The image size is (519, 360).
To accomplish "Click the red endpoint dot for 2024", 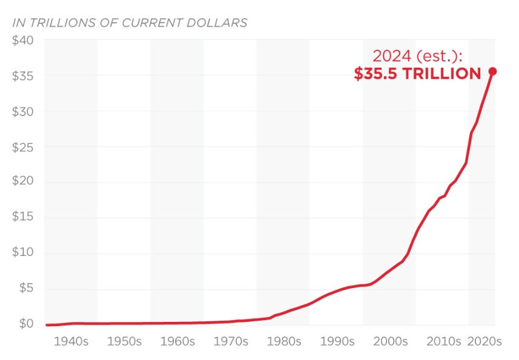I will coord(492,71).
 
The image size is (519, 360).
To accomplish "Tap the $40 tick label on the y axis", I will coord(23,41).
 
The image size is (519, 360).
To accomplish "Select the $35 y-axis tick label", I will coord(23,76).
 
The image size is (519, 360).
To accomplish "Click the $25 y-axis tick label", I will coord(23,147).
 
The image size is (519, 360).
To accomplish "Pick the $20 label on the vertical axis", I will coord(23,182).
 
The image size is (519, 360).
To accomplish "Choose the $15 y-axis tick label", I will coord(23,218).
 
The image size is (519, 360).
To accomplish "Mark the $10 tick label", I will coord(23,253).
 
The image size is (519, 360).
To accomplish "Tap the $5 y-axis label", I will coord(26,289).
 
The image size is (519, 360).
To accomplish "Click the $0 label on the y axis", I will coord(26,324).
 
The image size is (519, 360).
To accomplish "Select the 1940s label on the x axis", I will coord(71,342).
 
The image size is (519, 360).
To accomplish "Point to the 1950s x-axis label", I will coord(124,342).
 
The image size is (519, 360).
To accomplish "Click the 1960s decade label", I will coord(177,342).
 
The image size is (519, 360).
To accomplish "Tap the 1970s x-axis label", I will coord(230,342).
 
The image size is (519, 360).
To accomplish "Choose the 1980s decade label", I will coord(283,342).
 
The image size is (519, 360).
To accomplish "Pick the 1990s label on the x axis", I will coord(336,342).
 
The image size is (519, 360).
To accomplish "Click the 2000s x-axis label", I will coord(389,342).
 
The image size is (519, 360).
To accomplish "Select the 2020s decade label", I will coord(485,342).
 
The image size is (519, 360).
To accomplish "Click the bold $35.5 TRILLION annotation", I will coord(417,74).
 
